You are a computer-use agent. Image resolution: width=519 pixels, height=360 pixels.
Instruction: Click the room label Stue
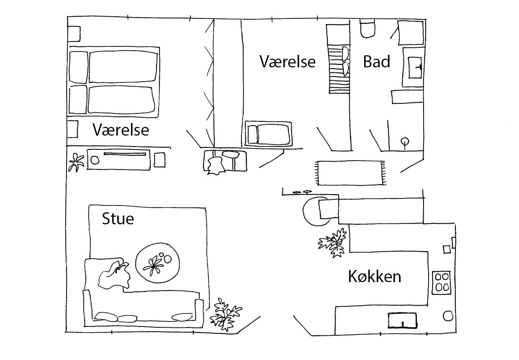118,219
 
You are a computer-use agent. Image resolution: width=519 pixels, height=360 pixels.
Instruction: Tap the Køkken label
374,276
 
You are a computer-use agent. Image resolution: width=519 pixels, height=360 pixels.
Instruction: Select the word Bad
376,62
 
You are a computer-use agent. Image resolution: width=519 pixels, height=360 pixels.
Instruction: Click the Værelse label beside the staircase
287,62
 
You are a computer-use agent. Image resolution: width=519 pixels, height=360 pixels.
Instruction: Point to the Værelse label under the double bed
121,130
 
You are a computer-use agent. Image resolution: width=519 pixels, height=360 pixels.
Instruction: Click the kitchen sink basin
402,320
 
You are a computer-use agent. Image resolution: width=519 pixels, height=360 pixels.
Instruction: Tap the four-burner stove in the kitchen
442,282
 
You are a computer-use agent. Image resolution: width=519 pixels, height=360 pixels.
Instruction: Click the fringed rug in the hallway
351,172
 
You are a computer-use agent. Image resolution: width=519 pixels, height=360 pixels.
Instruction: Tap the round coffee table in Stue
158,262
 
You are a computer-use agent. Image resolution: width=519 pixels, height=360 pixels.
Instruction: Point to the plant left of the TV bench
76,162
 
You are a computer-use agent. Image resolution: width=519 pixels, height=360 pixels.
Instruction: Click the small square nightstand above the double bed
74,33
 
